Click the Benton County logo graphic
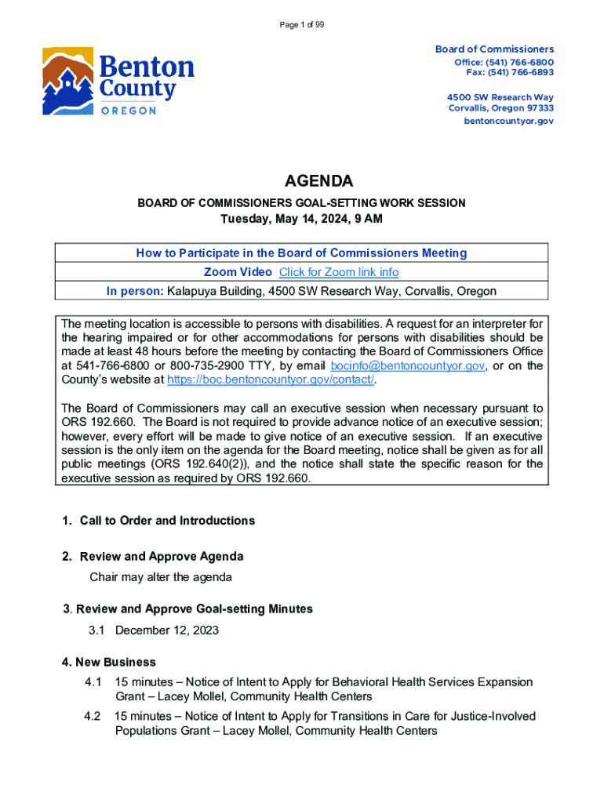[x=118, y=82]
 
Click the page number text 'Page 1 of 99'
[x=302, y=25]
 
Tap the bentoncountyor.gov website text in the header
[x=508, y=122]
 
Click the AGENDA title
[x=302, y=182]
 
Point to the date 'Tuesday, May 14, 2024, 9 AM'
[x=302, y=219]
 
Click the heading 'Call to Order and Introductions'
[x=167, y=521]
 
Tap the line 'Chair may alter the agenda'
[x=161, y=577]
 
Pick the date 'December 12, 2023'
[x=166, y=630]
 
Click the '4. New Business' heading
[x=109, y=662]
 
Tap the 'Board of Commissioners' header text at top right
[x=494, y=49]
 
